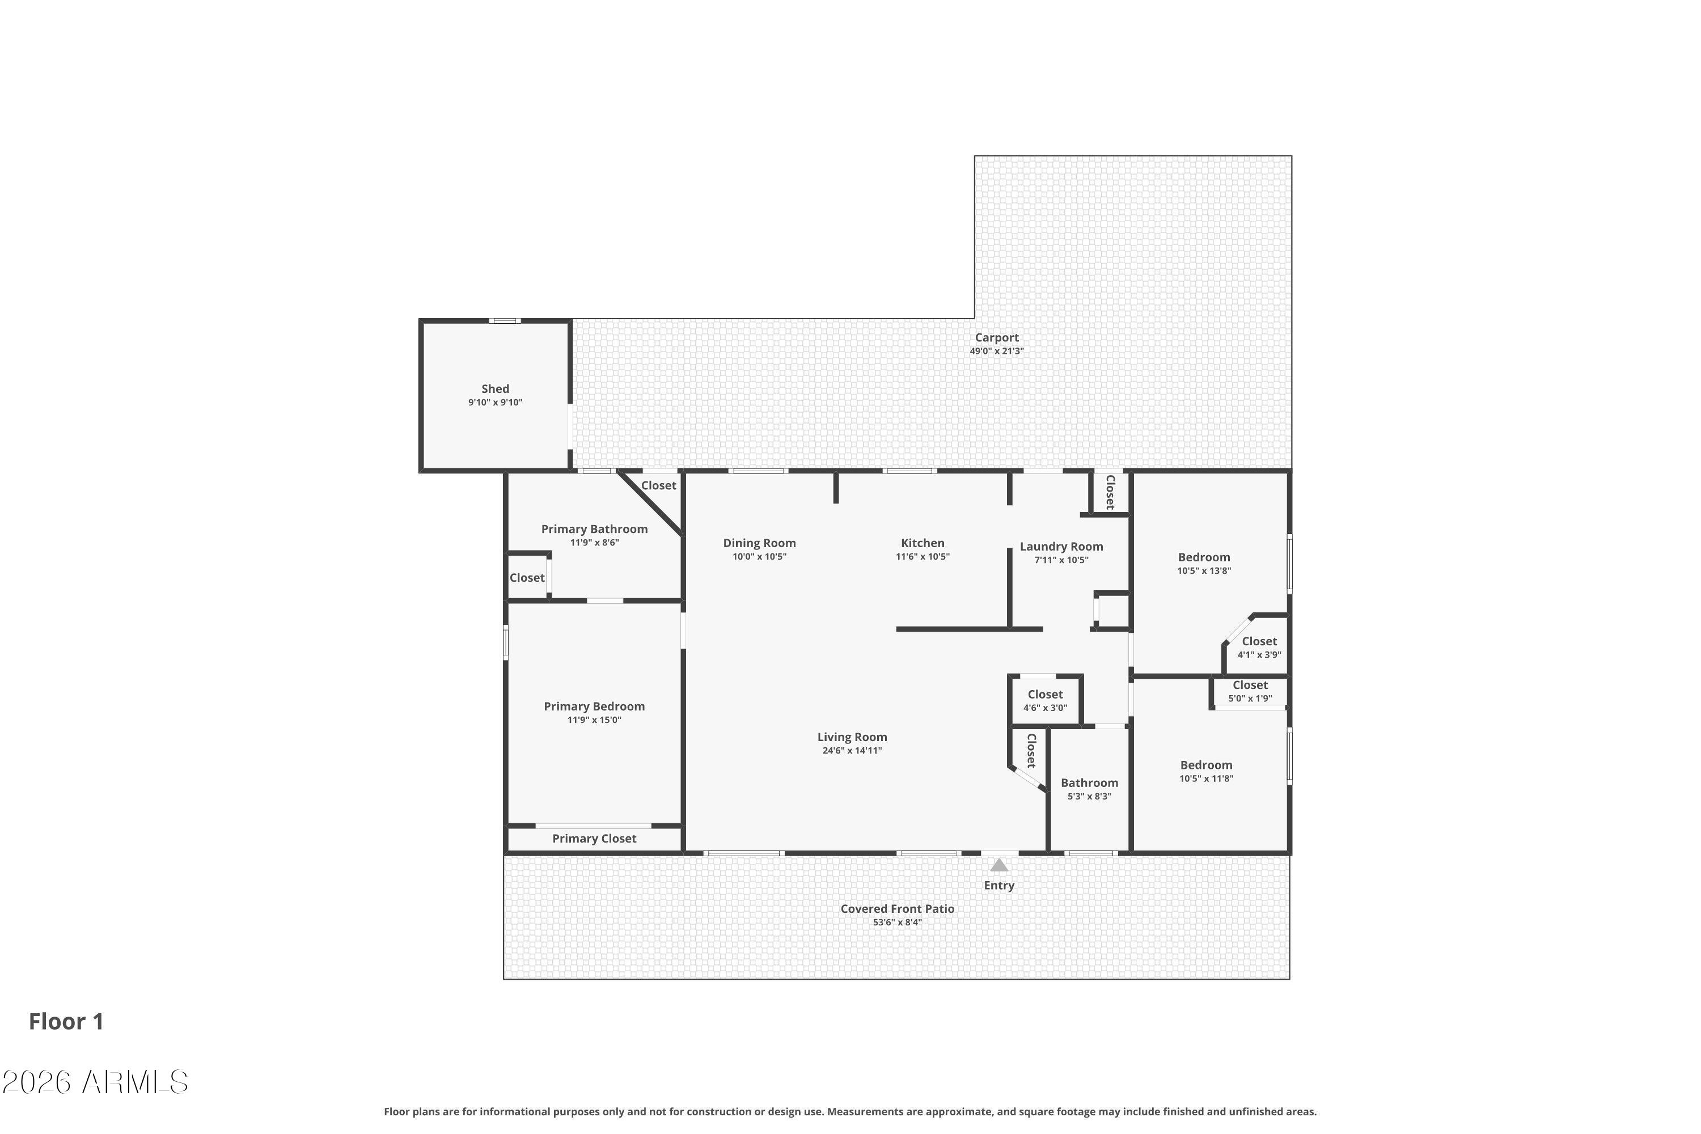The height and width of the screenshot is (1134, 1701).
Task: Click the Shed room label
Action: point(496,389)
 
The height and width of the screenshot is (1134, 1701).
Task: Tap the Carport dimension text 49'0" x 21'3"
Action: point(997,352)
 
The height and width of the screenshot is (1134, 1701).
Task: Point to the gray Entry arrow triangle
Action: point(998,865)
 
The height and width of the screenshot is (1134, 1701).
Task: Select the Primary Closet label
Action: point(594,838)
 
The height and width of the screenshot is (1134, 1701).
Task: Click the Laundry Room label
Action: point(1061,547)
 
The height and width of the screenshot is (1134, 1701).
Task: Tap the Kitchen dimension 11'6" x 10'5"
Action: point(922,557)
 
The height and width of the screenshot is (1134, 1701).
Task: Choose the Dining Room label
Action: point(759,543)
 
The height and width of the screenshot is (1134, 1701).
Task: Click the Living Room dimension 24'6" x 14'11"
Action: point(852,751)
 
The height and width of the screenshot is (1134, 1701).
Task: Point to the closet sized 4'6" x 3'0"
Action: point(1045,700)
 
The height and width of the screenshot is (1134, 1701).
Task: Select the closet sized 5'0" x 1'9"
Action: point(1250,691)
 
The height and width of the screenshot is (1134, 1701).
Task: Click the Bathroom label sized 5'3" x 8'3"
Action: point(1089,782)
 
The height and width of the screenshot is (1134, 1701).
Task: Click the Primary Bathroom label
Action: point(594,530)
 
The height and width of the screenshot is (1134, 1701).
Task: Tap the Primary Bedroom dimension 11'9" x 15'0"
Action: point(594,720)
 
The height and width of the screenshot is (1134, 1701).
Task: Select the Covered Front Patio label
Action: point(897,909)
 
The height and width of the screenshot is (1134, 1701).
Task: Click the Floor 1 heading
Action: point(66,1021)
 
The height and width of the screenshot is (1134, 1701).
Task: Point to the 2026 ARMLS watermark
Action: point(95,1082)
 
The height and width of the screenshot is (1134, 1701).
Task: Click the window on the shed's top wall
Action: point(504,320)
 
